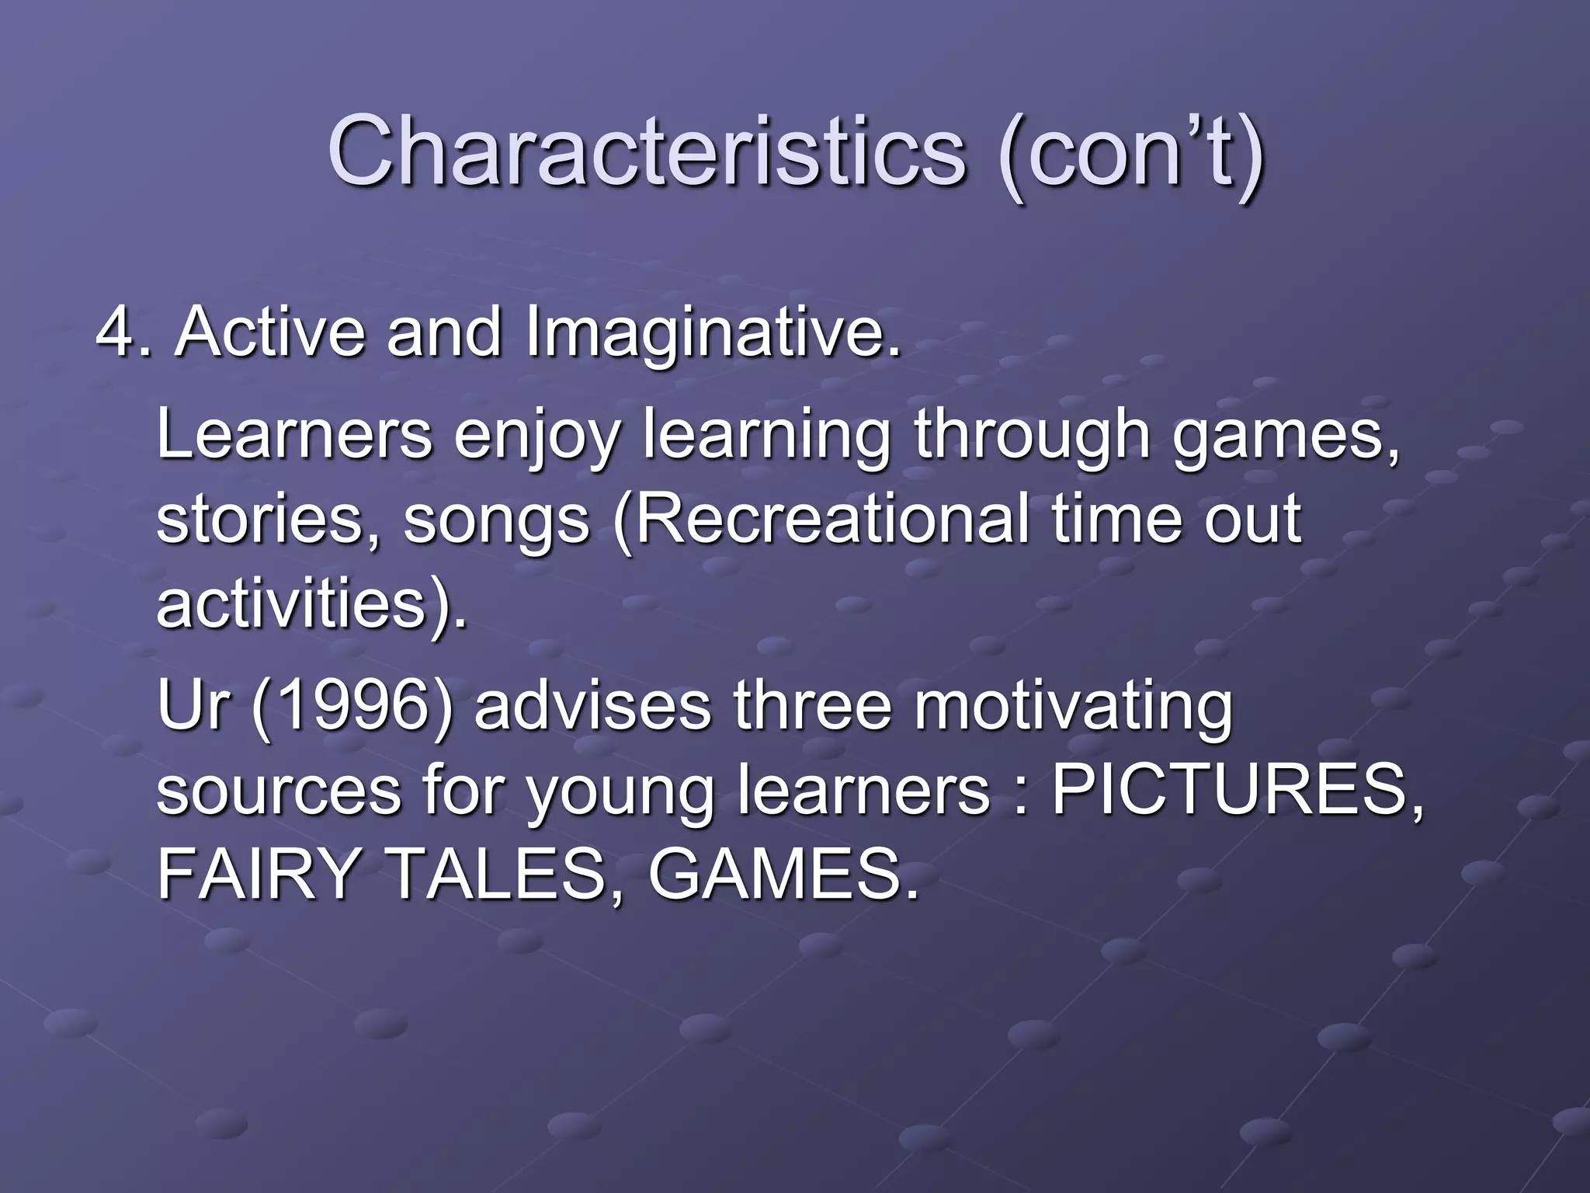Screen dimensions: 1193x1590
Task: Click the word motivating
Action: (1072, 708)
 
